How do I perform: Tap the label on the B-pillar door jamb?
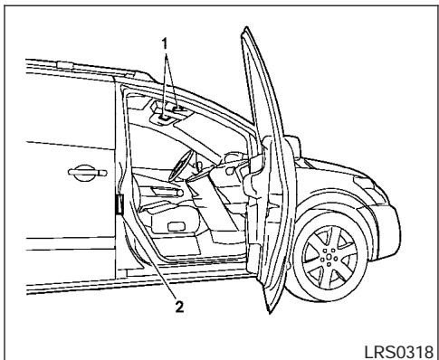[119, 207]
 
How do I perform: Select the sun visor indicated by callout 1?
[167, 113]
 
